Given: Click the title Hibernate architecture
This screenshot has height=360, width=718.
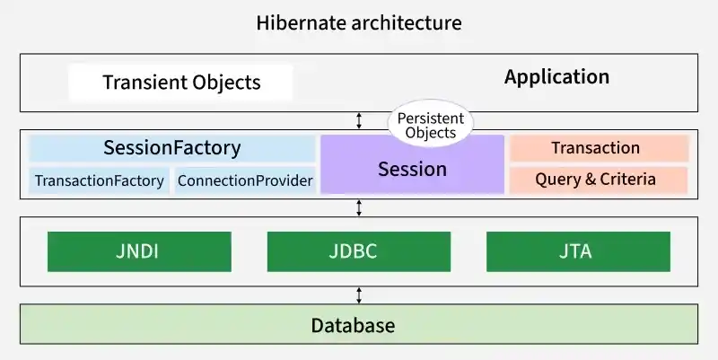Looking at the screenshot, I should (x=359, y=22).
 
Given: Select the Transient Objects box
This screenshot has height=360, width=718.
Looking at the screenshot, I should (x=181, y=83).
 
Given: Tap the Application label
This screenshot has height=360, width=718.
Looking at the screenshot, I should (x=556, y=77).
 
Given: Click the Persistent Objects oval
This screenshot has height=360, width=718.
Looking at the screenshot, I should (x=430, y=126).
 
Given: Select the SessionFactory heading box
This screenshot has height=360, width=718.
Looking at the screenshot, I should (x=172, y=148).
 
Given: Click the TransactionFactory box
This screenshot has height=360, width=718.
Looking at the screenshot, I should (x=99, y=180).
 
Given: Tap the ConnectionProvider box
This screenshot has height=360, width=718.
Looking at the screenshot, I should (x=245, y=180).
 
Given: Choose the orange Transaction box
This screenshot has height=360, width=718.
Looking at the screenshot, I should (x=596, y=148).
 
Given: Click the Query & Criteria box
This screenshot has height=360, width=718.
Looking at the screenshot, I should (x=596, y=180).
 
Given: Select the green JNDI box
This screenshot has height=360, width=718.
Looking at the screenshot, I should (x=139, y=251).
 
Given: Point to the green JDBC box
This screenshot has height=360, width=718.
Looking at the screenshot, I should (x=359, y=251).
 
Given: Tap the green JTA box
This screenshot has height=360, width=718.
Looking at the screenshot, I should (x=578, y=251).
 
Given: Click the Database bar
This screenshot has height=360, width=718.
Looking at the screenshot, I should (x=359, y=324).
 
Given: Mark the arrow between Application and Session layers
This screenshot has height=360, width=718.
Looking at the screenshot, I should (x=359, y=120).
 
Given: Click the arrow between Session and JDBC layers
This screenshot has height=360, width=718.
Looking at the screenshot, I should (x=359, y=207).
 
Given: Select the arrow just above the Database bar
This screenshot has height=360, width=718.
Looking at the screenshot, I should (x=359, y=294).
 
